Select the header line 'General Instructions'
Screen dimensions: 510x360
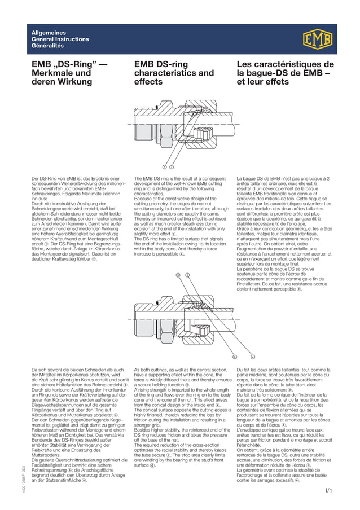(x=60, y=39)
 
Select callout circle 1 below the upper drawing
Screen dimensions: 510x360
(x=164, y=167)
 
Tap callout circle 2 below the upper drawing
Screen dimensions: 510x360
(x=171, y=167)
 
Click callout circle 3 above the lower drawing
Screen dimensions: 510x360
(x=178, y=275)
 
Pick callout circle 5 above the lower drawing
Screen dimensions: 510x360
(x=187, y=275)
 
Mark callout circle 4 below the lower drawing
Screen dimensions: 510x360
(x=253, y=357)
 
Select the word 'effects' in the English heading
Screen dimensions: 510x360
(x=148, y=82)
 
